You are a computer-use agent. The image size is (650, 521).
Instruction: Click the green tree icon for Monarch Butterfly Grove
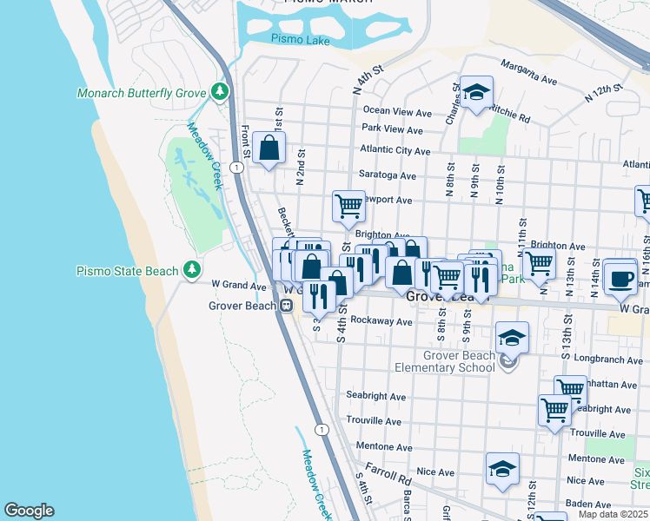click(221, 92)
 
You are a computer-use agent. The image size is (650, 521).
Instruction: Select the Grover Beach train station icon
click(285, 305)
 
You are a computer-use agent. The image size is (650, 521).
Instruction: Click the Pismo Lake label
click(295, 38)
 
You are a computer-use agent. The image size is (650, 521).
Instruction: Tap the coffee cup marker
click(620, 278)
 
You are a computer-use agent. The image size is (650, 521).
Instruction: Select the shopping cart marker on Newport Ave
click(348, 206)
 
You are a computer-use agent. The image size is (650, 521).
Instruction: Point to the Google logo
click(29, 511)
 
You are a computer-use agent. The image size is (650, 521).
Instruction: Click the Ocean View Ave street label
click(397, 112)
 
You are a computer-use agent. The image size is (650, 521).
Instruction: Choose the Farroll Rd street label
click(388, 473)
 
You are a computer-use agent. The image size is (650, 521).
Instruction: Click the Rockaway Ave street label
click(381, 321)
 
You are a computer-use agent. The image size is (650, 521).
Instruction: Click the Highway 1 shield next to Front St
click(235, 166)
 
